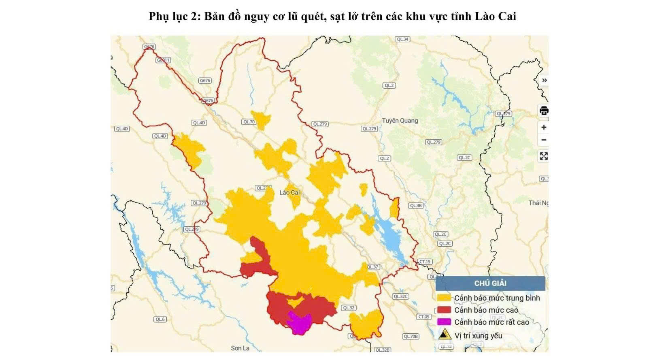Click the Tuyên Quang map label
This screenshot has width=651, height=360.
[400, 121]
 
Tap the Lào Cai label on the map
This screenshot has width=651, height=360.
[289, 192]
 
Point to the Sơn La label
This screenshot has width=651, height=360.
[240, 348]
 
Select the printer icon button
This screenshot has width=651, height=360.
[544, 111]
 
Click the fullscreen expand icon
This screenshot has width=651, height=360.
[544, 156]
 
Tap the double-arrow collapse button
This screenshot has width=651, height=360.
[545, 80]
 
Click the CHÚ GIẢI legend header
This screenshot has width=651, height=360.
[490, 283]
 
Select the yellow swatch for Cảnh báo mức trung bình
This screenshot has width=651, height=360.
[444, 298]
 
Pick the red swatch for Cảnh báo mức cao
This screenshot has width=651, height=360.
[444, 310]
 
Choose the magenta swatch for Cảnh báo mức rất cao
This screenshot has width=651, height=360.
[444, 322]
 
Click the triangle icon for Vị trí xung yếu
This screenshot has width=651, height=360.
[445, 334]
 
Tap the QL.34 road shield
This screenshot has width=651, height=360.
[402, 39]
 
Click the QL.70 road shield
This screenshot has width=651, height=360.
[249, 121]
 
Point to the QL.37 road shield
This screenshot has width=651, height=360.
[373, 267]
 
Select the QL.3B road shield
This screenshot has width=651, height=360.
[415, 205]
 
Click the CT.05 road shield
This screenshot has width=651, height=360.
[424, 317]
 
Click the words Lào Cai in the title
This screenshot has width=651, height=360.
[496, 16]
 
